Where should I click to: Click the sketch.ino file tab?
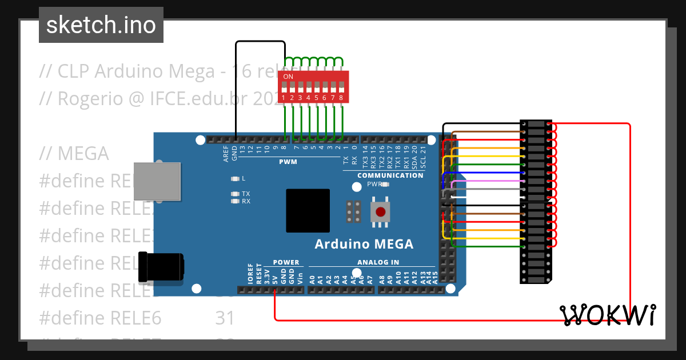point(101,25)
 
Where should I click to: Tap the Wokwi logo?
point(607,315)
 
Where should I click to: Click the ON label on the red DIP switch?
point(288,77)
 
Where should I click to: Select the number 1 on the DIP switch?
point(284,98)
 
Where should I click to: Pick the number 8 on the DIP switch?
point(341,98)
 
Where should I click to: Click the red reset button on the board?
point(380,213)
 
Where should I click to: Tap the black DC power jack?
point(162,267)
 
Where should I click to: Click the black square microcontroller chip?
point(308,211)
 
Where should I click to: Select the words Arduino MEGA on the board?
point(364,245)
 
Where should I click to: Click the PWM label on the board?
point(288,162)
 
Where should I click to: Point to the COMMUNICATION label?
point(390,175)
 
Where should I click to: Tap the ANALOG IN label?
point(378,262)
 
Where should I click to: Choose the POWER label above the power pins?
point(286,262)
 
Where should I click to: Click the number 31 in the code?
point(225,317)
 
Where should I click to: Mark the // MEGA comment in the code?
point(74,154)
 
